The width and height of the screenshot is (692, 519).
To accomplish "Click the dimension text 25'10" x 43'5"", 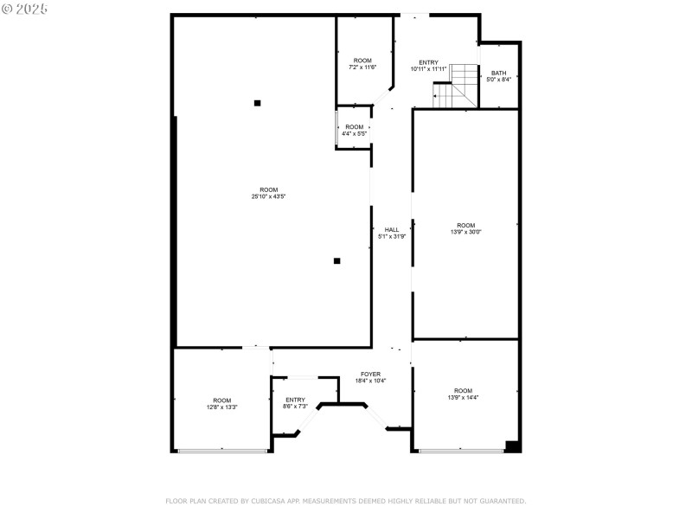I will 269,197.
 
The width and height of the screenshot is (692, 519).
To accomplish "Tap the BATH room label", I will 499,73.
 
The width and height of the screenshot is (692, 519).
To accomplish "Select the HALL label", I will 392,229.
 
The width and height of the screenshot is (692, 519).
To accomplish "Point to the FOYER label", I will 370,375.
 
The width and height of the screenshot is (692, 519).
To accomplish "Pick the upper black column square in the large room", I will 257,103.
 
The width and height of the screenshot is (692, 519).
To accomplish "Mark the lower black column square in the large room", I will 337,260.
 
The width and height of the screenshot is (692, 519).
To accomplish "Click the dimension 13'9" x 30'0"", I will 466,232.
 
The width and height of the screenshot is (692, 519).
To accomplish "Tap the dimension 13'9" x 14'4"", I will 464,398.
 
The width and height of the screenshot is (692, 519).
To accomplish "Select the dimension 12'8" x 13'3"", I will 222,407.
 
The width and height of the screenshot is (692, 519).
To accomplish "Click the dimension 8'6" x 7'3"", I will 295,407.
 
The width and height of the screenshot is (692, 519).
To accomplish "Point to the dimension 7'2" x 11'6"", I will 362,67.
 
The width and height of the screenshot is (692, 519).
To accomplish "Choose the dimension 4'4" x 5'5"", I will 355,134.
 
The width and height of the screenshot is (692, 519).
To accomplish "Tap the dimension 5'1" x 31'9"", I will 392,236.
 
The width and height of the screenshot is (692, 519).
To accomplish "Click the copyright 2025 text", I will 25,8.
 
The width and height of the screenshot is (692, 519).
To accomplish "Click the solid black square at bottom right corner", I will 511,446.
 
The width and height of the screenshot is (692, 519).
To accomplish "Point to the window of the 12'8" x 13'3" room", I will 222,450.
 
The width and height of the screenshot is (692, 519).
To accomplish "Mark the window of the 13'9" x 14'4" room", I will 461,450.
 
